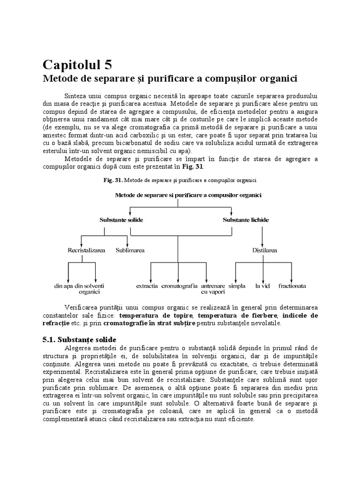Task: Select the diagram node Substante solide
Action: [121, 220]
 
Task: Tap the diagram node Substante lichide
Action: [246, 220]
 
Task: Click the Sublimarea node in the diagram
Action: [130, 250]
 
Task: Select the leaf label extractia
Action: [147, 285]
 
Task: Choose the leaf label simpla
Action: [237, 285]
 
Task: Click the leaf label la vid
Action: [261, 285]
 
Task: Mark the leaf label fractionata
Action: [292, 285]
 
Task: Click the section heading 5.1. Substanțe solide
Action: [79, 339]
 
